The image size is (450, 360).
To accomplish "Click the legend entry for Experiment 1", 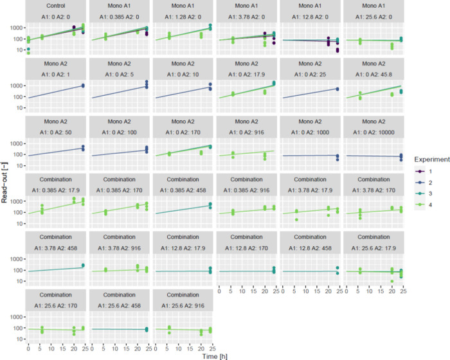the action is [x=424, y=172].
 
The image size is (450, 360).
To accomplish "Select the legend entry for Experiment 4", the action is [x=424, y=204].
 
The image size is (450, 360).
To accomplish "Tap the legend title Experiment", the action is [x=432, y=159].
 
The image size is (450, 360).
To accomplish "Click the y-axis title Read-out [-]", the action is [x=4, y=183].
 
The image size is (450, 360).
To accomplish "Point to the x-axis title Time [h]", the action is [x=215, y=356].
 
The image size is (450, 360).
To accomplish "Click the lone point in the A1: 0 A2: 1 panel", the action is [x=83, y=85].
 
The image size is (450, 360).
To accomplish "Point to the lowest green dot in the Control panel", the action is [x=28, y=53].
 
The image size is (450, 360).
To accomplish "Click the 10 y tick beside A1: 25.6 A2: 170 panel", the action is [x=19, y=339].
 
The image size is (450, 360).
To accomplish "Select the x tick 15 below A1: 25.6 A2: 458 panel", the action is [x=126, y=349].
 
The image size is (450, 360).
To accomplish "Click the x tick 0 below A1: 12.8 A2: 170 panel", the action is [x=219, y=291].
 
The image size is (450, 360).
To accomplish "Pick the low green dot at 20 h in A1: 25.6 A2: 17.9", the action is [x=392, y=282].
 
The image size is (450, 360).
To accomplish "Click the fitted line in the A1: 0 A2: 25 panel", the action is [x=310, y=93].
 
